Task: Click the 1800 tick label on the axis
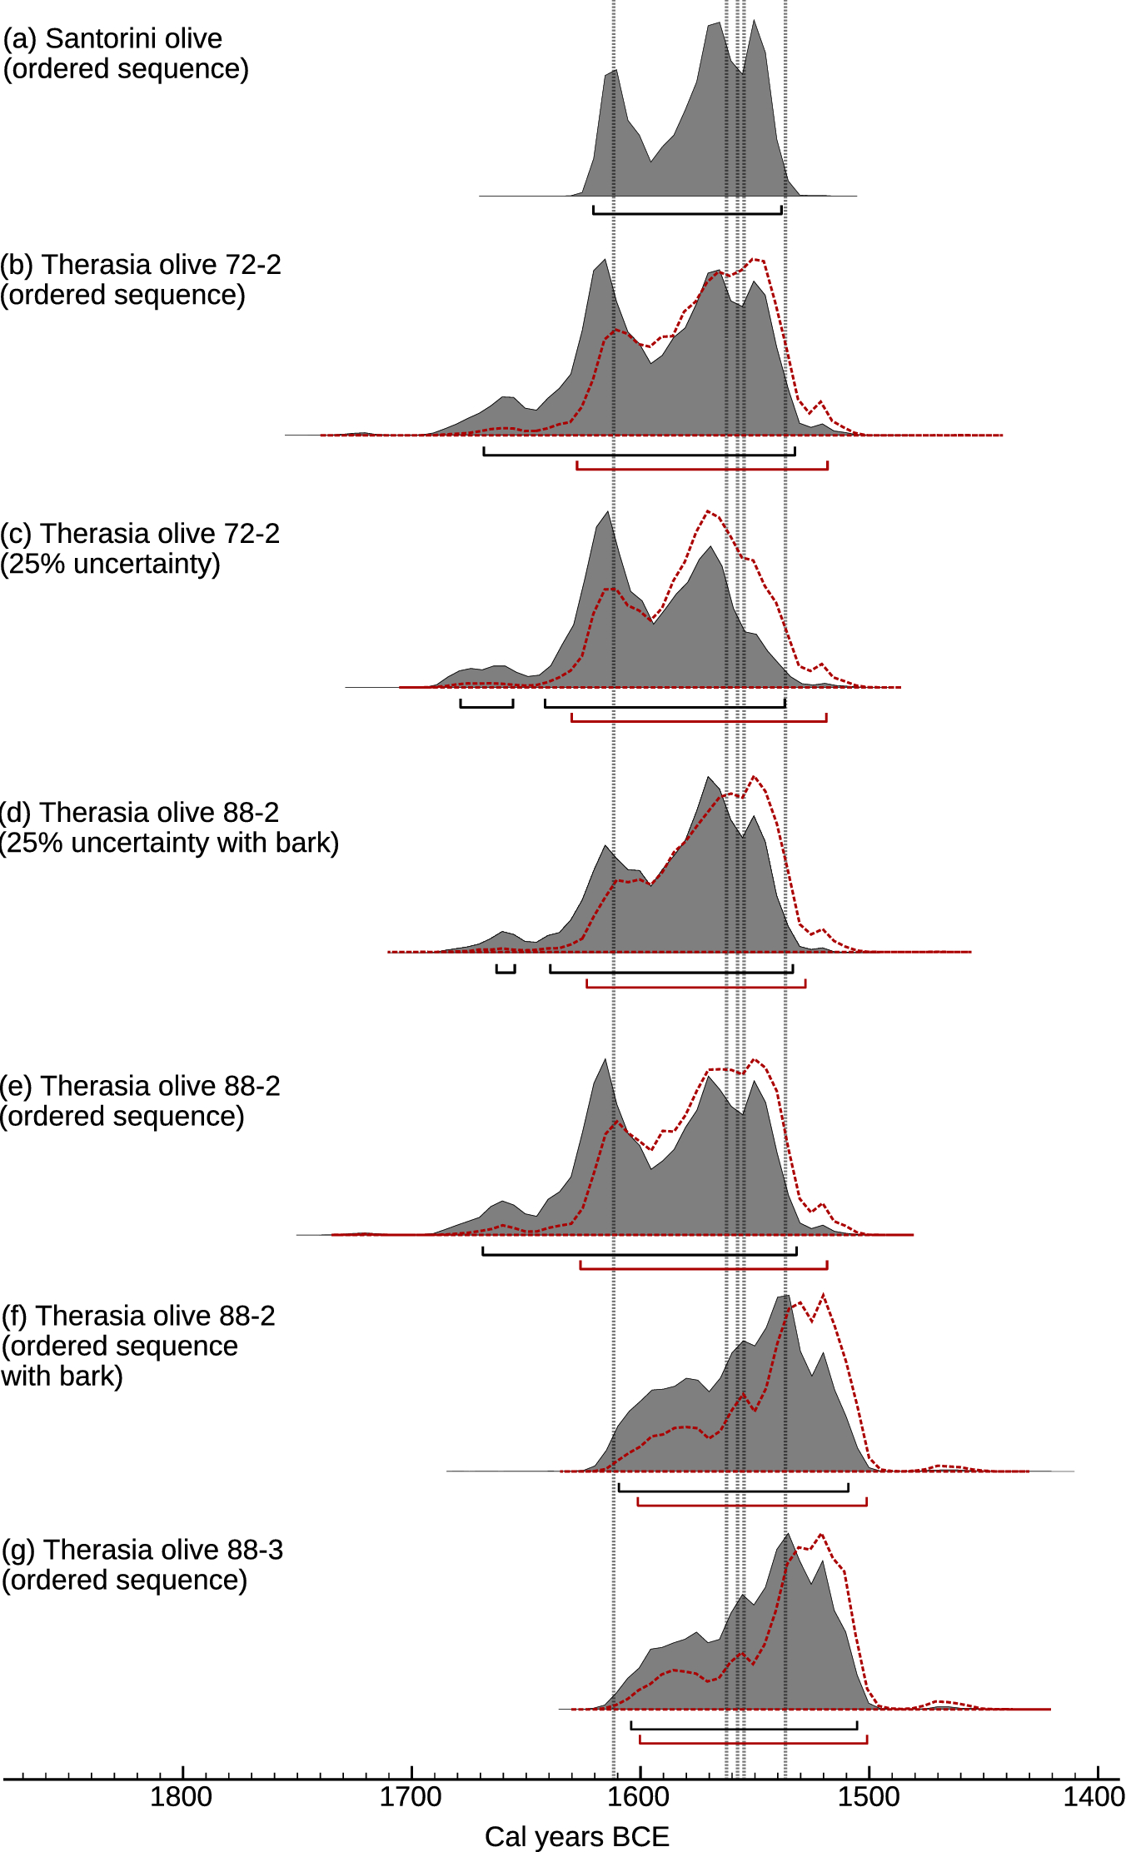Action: click(x=181, y=1796)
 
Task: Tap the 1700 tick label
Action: click(x=411, y=1796)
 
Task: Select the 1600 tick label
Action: click(x=639, y=1796)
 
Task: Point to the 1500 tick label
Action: click(x=868, y=1796)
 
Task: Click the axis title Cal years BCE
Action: click(x=576, y=1836)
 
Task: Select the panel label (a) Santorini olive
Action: click(x=112, y=38)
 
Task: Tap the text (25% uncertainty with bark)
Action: click(x=169, y=843)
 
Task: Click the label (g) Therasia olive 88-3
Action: click(x=142, y=1550)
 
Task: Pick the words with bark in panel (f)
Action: click(x=62, y=1376)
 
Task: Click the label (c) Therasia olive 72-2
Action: click(x=140, y=533)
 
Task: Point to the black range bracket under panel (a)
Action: click(x=687, y=213)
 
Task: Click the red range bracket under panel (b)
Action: click(x=702, y=469)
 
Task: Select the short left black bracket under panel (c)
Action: click(x=486, y=707)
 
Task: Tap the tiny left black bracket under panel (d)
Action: click(x=506, y=972)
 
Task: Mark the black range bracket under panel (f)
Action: click(x=733, y=1491)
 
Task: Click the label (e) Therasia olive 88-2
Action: click(x=140, y=1086)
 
